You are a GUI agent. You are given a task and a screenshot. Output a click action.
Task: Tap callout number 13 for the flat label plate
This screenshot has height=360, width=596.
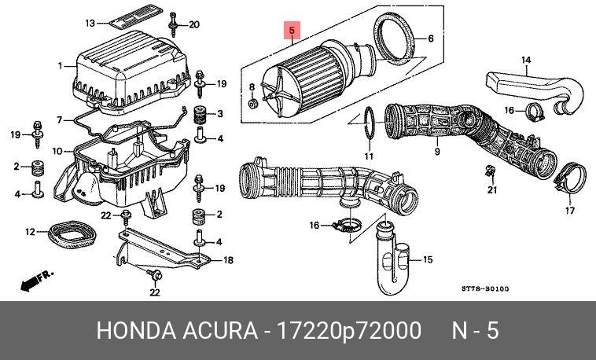click(x=90, y=24)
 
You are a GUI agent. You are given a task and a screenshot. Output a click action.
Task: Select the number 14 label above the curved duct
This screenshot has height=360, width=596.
click(x=526, y=61)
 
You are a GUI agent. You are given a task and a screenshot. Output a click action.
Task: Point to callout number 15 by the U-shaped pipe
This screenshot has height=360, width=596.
click(x=428, y=259)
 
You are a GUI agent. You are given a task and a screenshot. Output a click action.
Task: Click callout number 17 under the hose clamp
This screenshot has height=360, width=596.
click(x=569, y=211)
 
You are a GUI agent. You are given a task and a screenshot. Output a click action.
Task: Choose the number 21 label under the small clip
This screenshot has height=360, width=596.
click(x=493, y=189)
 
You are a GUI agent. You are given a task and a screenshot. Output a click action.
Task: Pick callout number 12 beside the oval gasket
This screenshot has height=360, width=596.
click(x=30, y=231)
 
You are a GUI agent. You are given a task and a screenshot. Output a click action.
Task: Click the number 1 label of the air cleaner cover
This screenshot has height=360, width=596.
click(x=60, y=65)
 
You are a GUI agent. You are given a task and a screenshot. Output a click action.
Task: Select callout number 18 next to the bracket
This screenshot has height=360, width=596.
click(x=228, y=260)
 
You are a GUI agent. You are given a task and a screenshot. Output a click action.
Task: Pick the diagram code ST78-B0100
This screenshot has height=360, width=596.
click(x=485, y=288)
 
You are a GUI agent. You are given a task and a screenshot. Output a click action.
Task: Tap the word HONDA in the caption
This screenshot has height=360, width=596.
click(x=131, y=331)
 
